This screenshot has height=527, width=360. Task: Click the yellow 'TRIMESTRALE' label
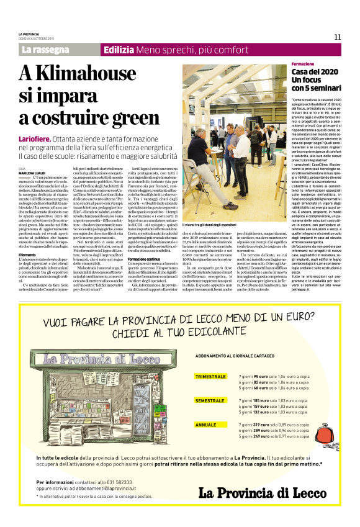pyautogui.click(x=210, y=377)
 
